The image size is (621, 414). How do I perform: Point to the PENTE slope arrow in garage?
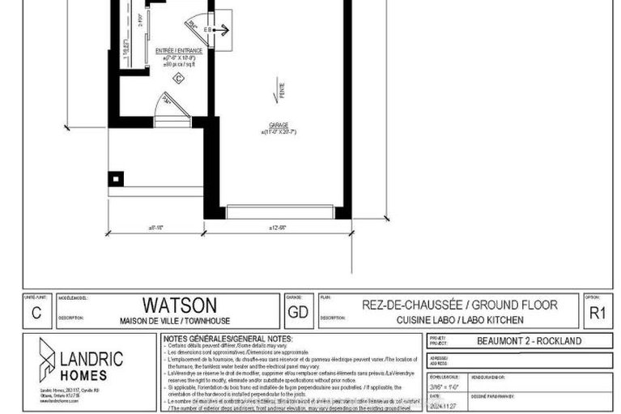click(x=280, y=94)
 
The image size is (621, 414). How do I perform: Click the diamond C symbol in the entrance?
click(x=177, y=77)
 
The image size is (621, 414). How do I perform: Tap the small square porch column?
click(x=118, y=178)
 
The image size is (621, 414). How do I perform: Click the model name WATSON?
click(x=180, y=305)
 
